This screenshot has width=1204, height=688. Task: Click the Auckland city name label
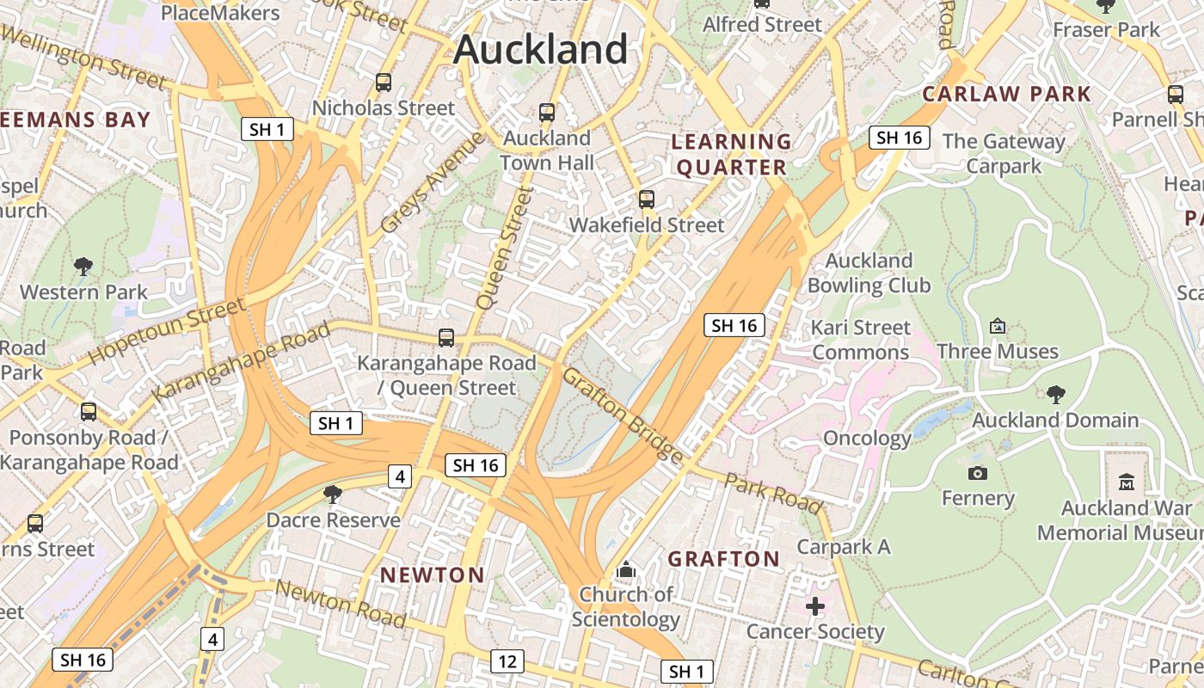pos(541,49)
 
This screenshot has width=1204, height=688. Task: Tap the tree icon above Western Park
pos(83,267)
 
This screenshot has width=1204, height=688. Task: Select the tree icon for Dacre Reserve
pos(333,494)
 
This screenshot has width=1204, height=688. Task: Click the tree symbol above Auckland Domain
pos(1056,395)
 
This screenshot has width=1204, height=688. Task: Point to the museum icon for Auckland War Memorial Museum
pos(1127,482)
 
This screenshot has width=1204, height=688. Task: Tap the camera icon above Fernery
pos(977,473)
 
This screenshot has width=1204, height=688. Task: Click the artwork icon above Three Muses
pos(998,326)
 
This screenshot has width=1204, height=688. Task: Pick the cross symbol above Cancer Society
pos(814,607)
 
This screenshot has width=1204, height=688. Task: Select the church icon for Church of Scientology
pos(626,569)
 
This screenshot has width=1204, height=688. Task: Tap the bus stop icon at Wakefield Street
pos(647,200)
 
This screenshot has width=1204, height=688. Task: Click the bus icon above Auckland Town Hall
pos(547,112)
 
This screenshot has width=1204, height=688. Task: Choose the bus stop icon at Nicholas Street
pos(384,83)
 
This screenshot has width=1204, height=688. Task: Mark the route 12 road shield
pos(507,661)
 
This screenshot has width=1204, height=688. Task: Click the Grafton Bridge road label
pos(622,415)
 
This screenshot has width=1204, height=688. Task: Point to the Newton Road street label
pos(341,603)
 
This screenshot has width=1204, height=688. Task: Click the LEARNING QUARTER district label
pos(731,155)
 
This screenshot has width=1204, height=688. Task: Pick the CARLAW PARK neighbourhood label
pos(1006,94)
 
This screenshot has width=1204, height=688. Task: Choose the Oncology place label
pos(867,439)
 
